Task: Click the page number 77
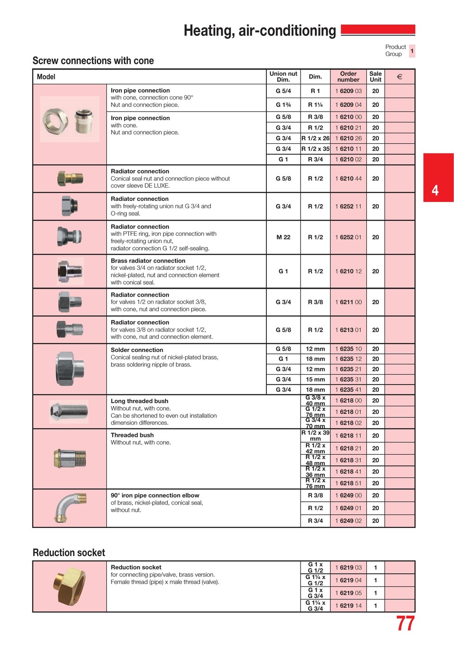coord(405,624)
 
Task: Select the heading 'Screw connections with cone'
coord(93,61)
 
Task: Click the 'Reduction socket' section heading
coord(69,552)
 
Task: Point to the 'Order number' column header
coord(348,76)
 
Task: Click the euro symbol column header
coord(399,77)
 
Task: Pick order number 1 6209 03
coord(348,91)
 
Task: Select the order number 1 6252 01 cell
coord(348,237)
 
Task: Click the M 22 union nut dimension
coord(283,237)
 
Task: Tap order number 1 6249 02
coord(348,521)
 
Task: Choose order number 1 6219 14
coord(348,605)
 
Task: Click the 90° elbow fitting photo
coord(69,508)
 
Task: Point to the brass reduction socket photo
coord(70,586)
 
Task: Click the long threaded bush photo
coord(69,411)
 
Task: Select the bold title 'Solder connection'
coord(137,350)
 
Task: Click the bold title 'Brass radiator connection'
coord(148,261)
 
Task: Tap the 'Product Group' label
coord(395,50)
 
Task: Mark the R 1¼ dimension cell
coord(315,105)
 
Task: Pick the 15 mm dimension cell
coord(315,379)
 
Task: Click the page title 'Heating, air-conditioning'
coord(260,30)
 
